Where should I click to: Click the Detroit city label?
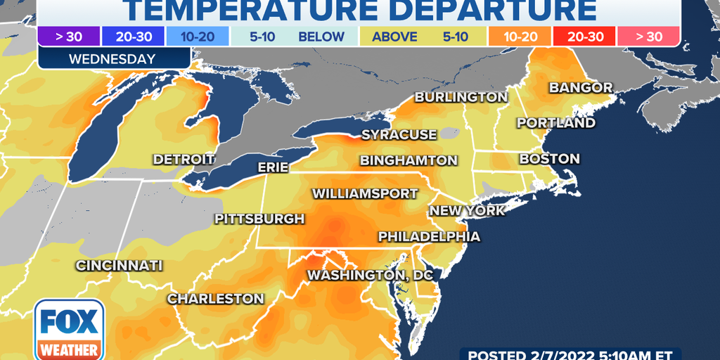point(184,160)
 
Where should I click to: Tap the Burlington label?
point(461,97)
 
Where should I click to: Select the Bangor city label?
point(580,88)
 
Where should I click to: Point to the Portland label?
point(556,123)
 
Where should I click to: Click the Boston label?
point(550,159)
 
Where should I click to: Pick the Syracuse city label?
point(399,134)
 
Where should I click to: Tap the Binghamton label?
point(409,161)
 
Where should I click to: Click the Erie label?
point(274,167)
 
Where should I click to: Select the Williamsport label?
point(365,193)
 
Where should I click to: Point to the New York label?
point(467,210)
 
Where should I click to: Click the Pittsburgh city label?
point(259,219)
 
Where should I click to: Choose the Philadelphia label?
point(429,236)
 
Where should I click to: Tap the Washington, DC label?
point(370,274)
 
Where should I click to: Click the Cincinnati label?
point(120,266)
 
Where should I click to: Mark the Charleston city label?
point(215,299)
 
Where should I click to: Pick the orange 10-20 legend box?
point(520,37)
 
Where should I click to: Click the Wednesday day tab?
point(112,59)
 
